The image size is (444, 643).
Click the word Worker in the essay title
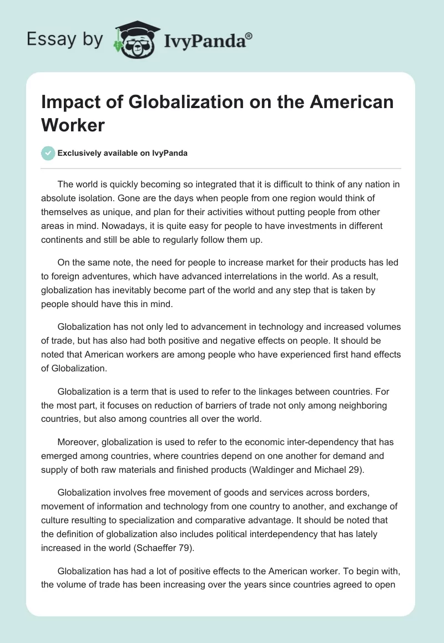pyautogui.click(x=73, y=125)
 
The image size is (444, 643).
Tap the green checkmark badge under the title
pyautogui.click(x=49, y=153)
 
